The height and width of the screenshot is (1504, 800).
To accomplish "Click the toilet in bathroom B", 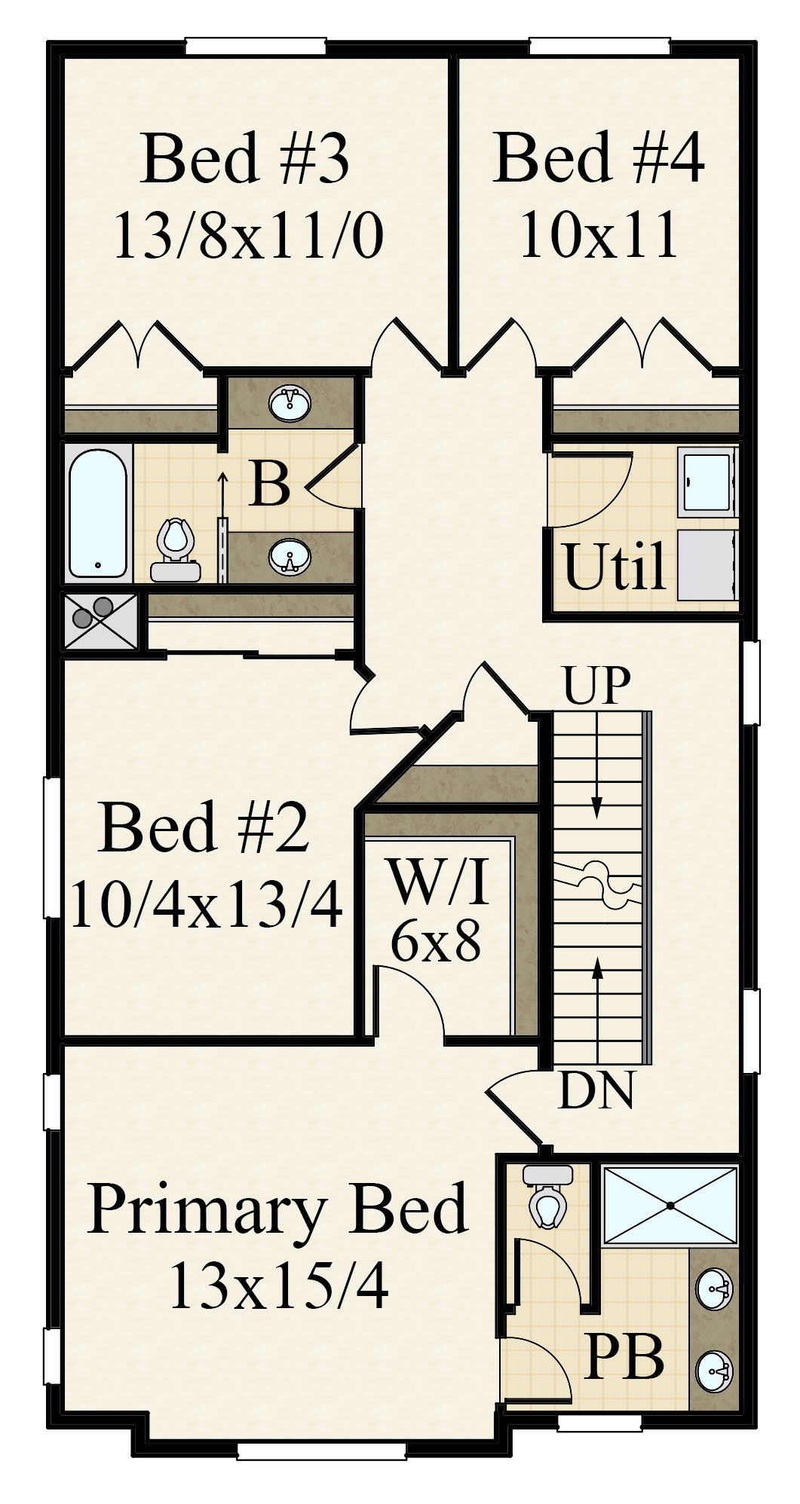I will (176, 550).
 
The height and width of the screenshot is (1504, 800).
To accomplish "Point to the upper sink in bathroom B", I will (290, 404).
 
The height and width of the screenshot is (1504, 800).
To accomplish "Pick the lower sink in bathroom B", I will (290, 558).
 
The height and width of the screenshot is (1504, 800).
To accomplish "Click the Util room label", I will (615, 567).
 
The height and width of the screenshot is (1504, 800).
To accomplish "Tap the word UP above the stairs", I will (596, 686).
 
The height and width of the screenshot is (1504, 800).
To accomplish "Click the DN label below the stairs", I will (596, 1090).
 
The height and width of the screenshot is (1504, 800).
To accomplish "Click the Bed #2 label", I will (204, 827).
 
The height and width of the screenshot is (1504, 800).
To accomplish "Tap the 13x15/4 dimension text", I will (279, 1285).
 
